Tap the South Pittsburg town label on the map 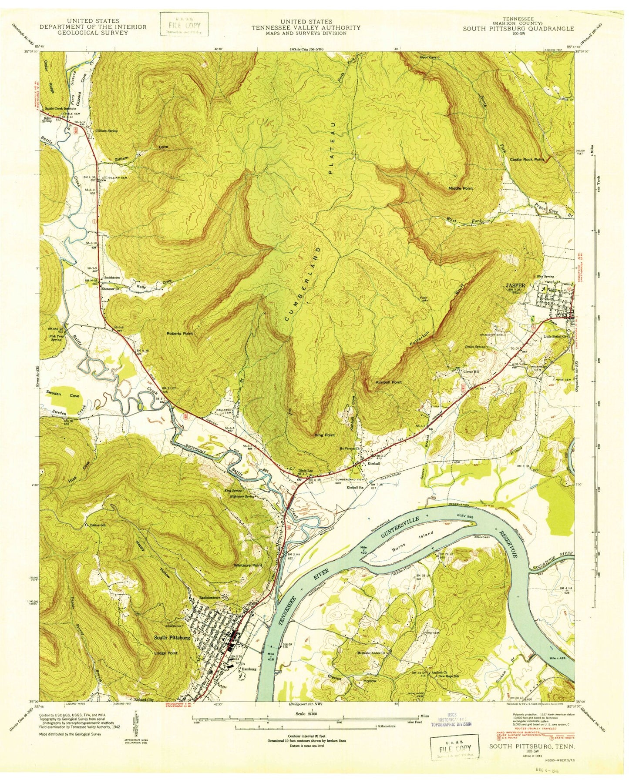(172, 637)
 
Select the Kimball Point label (388, 382)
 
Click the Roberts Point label (179, 334)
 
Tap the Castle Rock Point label (527, 160)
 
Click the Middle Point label (461, 188)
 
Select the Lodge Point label (166, 653)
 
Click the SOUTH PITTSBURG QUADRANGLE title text (518, 29)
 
